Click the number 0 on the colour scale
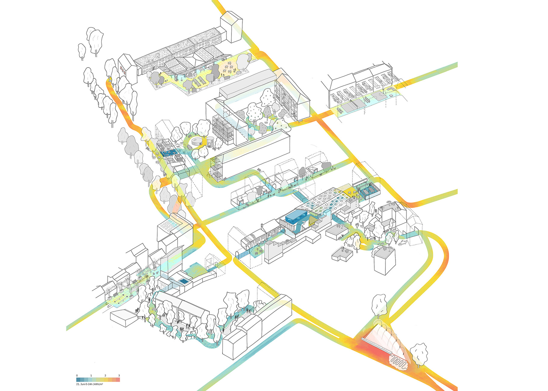pyautogui.click(x=77, y=375)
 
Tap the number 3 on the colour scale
pyautogui.click(x=119, y=375)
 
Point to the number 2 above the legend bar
pyautogui.click(x=105, y=375)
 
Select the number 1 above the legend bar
pyautogui.click(x=91, y=375)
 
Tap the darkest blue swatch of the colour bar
pyautogui.click(x=78, y=380)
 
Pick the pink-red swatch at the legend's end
pyautogui.click(x=118, y=380)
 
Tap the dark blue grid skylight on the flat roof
pyautogui.click(x=184, y=281)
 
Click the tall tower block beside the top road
pyautogui.click(x=231, y=27)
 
